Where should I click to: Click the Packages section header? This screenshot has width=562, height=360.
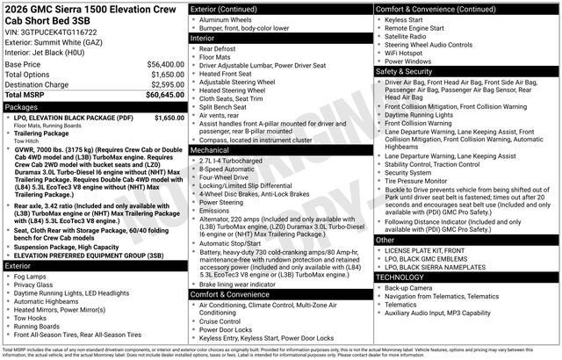pos(23,107)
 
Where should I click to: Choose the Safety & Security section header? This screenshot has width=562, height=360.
pos(409,70)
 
